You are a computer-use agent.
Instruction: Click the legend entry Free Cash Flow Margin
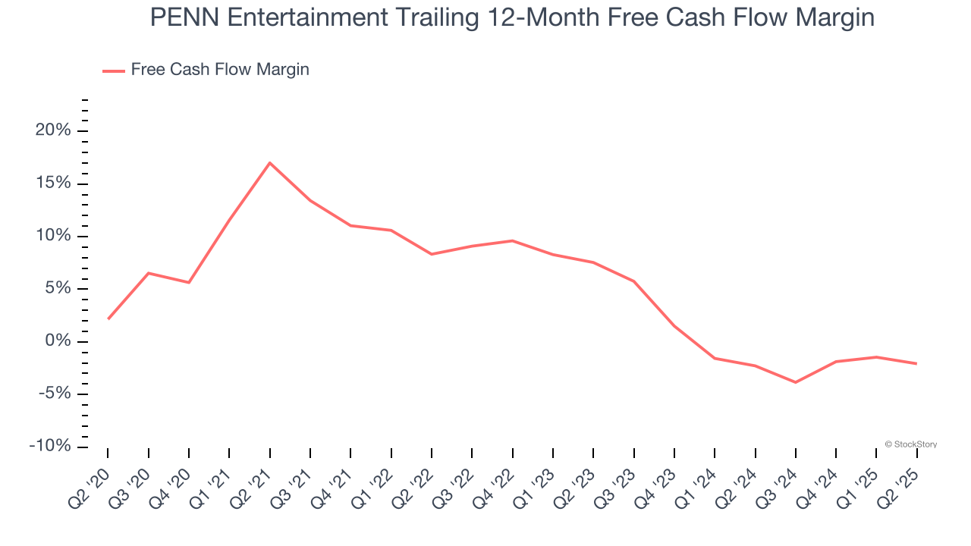[219, 70]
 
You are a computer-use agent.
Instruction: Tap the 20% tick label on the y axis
[53, 130]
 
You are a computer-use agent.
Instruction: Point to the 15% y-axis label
[53, 184]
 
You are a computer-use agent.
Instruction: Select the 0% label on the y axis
[58, 341]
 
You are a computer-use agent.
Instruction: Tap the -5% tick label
[53, 394]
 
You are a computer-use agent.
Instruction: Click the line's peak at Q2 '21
[269, 162]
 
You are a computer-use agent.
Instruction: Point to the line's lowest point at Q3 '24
[795, 382]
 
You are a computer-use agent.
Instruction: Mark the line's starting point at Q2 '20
[108, 319]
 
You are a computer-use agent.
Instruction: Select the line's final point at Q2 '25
[916, 364]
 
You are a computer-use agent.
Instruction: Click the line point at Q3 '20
[148, 273]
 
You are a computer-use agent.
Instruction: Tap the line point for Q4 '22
[512, 240]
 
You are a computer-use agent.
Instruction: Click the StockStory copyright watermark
[911, 444]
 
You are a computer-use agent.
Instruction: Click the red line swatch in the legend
[113, 71]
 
